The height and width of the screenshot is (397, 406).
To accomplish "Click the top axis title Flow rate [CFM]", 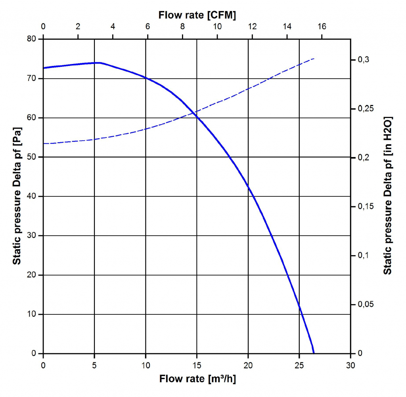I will tap(197, 15).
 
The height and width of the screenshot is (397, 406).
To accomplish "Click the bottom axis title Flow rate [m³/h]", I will tap(197, 379).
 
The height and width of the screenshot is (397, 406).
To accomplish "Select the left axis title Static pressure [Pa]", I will tap(17, 196).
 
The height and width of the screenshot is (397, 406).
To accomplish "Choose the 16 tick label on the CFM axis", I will tap(322, 27).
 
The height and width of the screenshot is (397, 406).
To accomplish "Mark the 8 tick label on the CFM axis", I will tap(182, 27).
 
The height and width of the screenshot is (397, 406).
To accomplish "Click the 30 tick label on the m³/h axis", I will tap(350, 364).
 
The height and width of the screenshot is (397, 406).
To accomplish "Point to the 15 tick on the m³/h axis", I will tap(197, 364).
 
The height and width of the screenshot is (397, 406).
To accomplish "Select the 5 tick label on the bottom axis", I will tap(94, 364).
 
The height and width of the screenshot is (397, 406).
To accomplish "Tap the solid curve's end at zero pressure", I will tap(314, 353).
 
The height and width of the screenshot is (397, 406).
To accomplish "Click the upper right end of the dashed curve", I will tap(314, 58).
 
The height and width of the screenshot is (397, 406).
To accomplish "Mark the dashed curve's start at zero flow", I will tap(44, 143).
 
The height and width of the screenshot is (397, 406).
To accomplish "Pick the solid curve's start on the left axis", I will tap(44, 68).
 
